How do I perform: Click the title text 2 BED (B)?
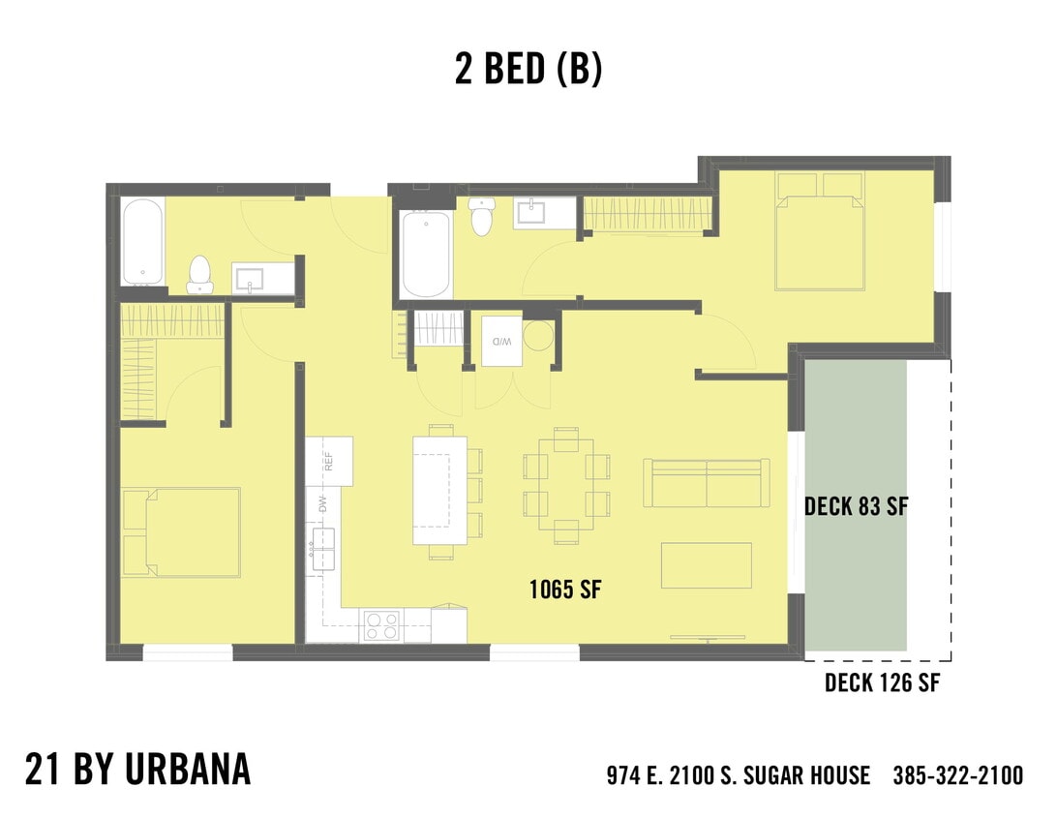(x=528, y=69)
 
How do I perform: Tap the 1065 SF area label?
(x=566, y=589)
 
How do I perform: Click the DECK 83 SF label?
(x=856, y=506)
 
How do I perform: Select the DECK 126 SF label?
(x=882, y=683)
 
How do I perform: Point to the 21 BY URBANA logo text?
(x=137, y=770)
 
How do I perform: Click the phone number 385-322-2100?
(x=957, y=775)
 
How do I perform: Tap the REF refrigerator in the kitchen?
(x=329, y=462)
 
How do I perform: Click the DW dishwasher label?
(x=322, y=504)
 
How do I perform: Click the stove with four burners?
(x=382, y=626)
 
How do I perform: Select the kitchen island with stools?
(x=440, y=491)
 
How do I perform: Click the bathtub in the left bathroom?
(x=142, y=242)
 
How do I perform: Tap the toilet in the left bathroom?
(x=199, y=275)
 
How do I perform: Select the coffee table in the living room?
(x=707, y=565)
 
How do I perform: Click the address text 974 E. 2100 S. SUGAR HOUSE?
(x=738, y=775)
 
